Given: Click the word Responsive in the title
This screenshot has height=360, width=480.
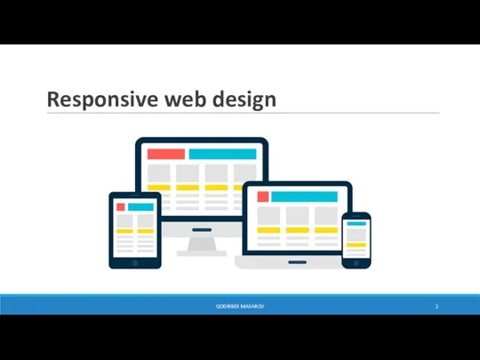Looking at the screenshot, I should point(100,100).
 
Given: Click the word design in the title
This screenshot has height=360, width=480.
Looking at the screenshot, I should point(244,100).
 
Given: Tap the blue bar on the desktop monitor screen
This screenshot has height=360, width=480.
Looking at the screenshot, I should point(222,154).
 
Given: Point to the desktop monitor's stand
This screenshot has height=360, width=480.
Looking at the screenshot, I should point(202,245).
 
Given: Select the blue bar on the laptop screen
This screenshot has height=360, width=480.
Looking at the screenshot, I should point(304,196).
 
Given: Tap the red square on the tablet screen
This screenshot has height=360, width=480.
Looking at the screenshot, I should point(121,206).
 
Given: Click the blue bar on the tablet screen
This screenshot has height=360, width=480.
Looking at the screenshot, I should point(141,206).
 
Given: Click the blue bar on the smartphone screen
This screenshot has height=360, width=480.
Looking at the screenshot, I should point(356,224).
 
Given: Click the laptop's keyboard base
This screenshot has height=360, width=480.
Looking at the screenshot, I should point(292,263).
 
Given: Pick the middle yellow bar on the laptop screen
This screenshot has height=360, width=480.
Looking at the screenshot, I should point(298,230).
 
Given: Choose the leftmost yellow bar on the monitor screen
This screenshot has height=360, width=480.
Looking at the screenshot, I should point(160,188).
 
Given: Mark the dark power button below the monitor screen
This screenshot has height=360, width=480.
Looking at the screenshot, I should point(202,228).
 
